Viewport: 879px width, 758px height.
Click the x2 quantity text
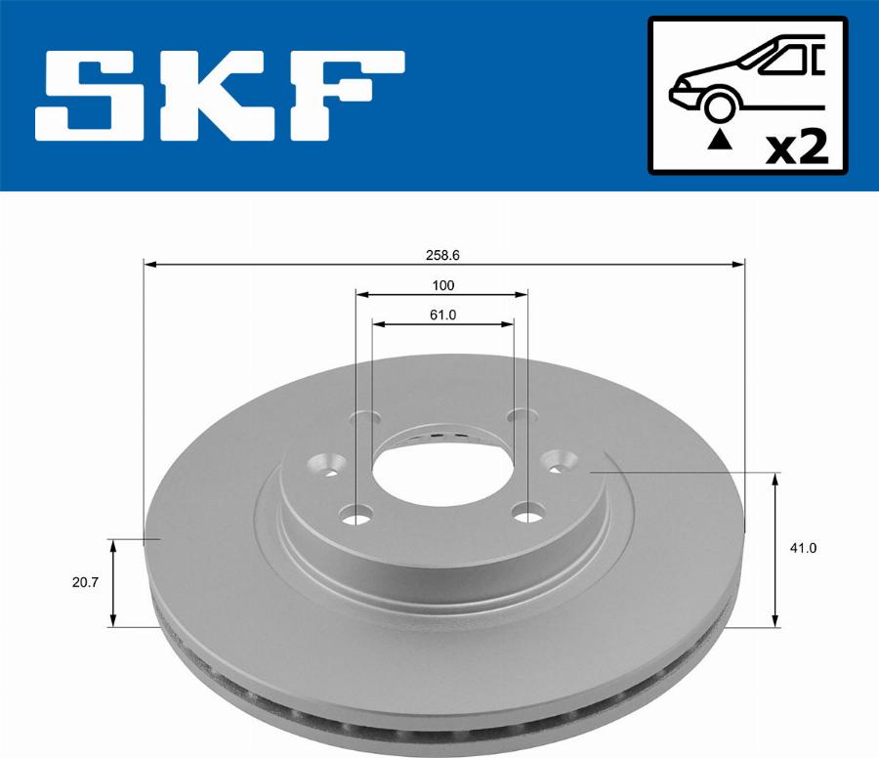(796, 148)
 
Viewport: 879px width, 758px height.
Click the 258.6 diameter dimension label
(442, 255)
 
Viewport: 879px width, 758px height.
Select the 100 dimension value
(442, 285)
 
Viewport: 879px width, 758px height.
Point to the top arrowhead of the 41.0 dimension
(776, 478)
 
